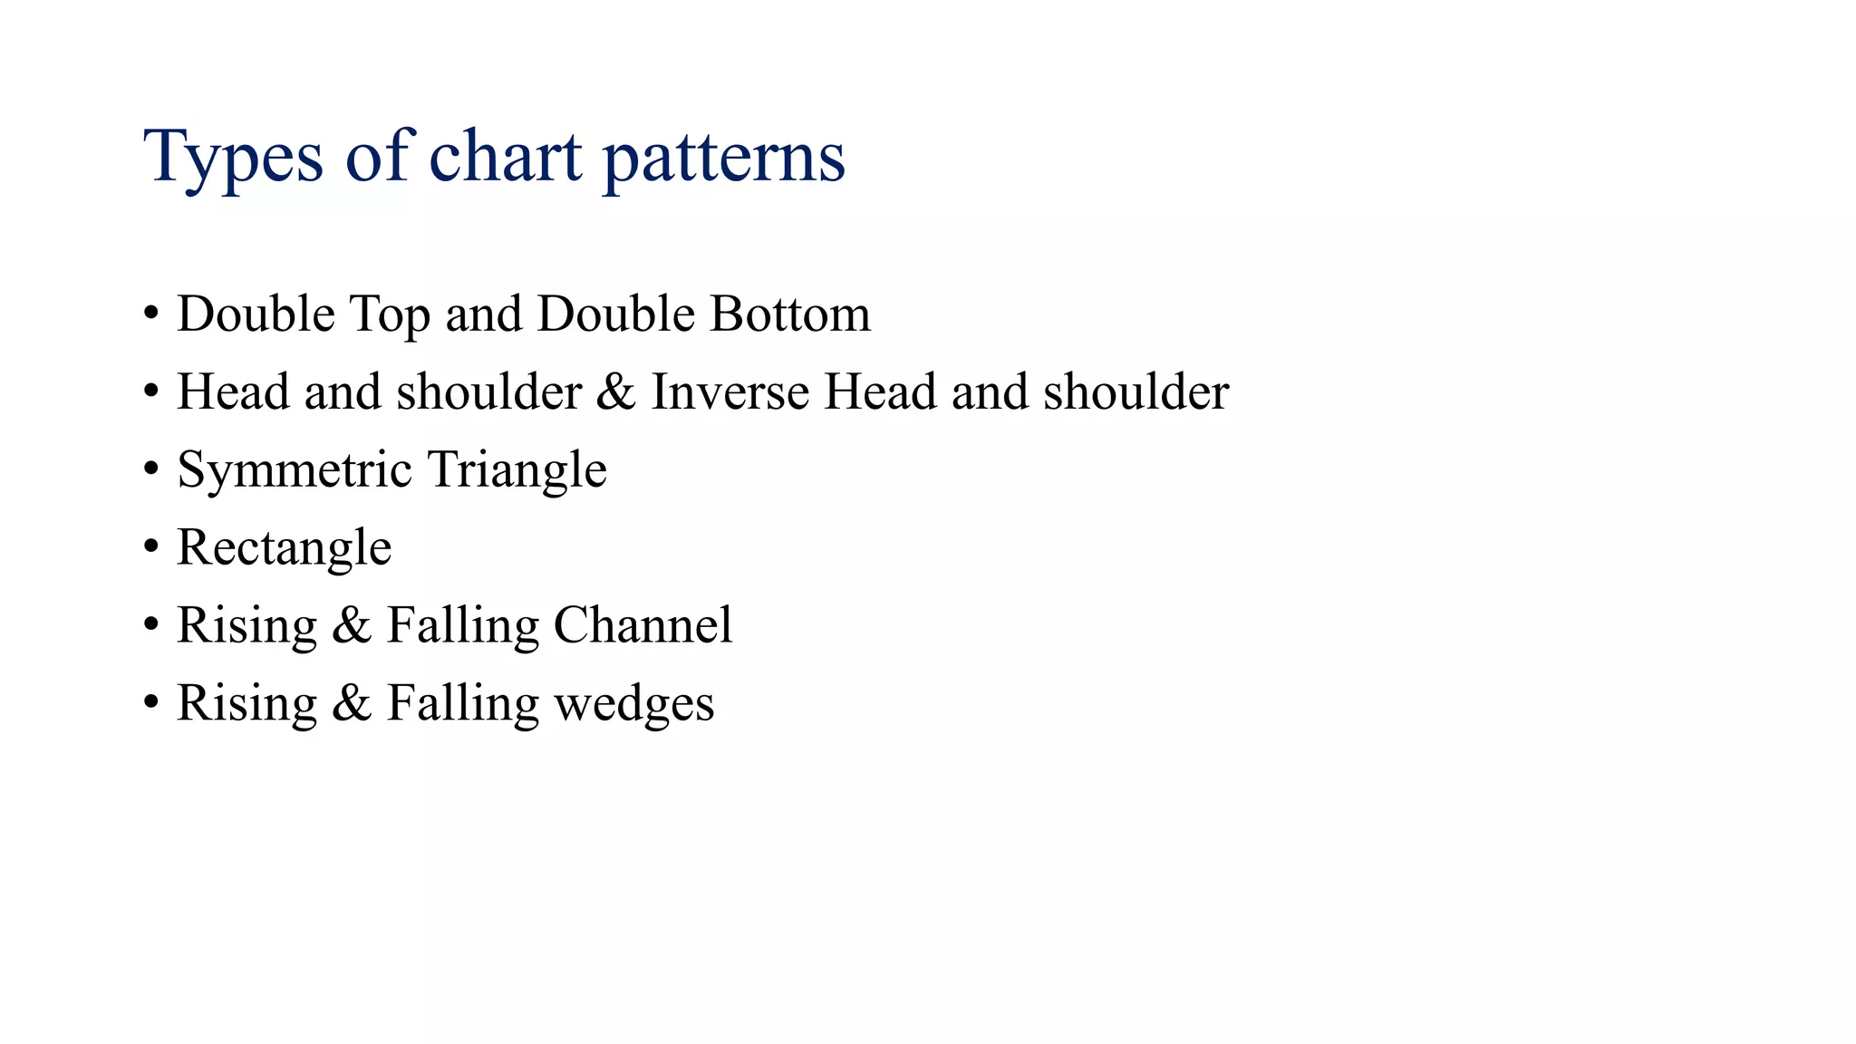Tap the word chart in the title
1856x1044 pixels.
pos(505,156)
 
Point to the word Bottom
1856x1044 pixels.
pos(789,314)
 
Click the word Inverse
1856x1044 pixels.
pos(730,391)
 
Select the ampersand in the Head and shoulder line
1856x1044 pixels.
pos(616,391)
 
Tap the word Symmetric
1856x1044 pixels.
pos(295,470)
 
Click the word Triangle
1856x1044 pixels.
pos(517,470)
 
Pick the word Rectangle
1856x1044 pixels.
pos(284,548)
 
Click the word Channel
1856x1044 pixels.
pos(643,625)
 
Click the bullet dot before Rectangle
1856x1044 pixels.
pos(151,547)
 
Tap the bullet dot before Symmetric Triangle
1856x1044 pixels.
pos(151,469)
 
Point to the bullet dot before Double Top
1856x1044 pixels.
pos(151,314)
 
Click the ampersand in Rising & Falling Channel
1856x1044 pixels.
pos(352,625)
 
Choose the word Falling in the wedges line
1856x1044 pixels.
pos(462,704)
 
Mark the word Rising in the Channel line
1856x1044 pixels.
pos(246,625)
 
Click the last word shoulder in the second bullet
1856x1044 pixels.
pos(1136,391)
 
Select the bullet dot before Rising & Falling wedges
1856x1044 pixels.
pos(151,703)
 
